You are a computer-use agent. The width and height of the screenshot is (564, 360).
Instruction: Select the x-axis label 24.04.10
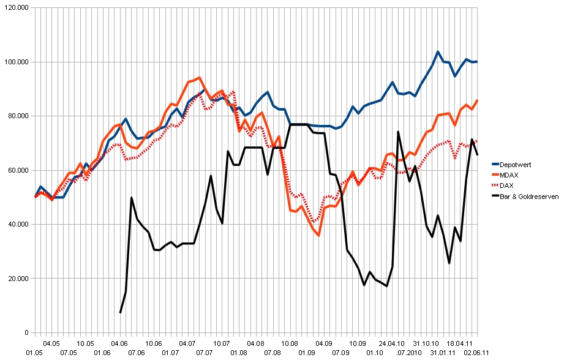pos(393,343)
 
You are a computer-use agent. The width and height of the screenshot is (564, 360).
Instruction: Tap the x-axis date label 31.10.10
pos(426,343)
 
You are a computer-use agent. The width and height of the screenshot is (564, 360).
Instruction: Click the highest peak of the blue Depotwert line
pos(438,51)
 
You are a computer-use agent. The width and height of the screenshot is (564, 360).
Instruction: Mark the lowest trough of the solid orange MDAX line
pos(318,235)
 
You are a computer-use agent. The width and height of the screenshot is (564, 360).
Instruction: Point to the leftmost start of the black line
pos(120,313)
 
